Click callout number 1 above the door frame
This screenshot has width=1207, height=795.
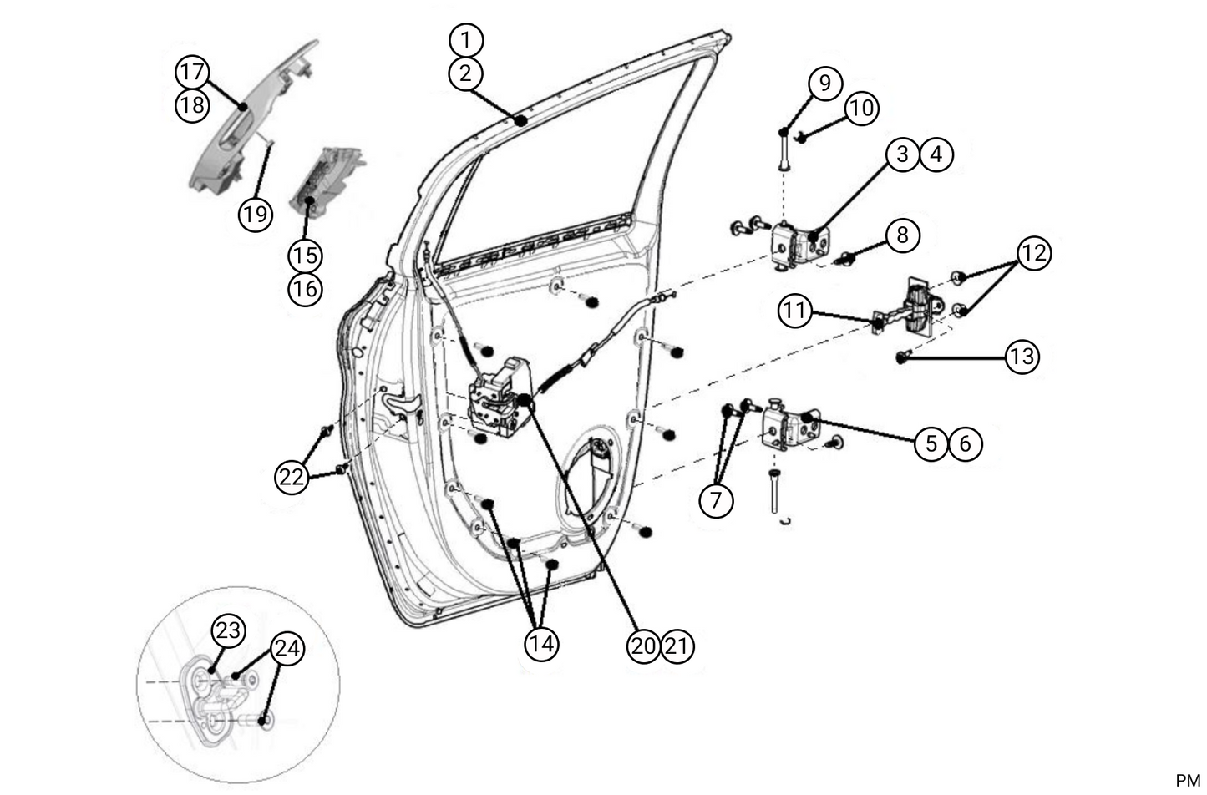click(465, 39)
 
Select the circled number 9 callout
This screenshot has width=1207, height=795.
click(824, 84)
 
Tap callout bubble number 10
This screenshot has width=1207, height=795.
click(861, 108)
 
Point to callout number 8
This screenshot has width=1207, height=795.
click(901, 235)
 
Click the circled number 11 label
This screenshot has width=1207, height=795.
click(795, 311)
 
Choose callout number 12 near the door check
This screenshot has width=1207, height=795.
click(1033, 252)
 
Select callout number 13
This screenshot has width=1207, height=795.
click(1021, 357)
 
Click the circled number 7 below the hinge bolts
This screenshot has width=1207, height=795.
click(716, 500)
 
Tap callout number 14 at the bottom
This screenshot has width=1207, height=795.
click(541, 644)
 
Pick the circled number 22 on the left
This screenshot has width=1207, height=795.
click(292, 477)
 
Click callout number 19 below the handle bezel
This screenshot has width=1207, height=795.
click(256, 215)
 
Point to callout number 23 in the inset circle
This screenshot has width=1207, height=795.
click(227, 630)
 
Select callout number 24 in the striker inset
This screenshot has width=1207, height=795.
click(287, 649)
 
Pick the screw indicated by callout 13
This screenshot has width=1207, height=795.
click(901, 357)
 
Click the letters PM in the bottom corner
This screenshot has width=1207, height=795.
click(1187, 781)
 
